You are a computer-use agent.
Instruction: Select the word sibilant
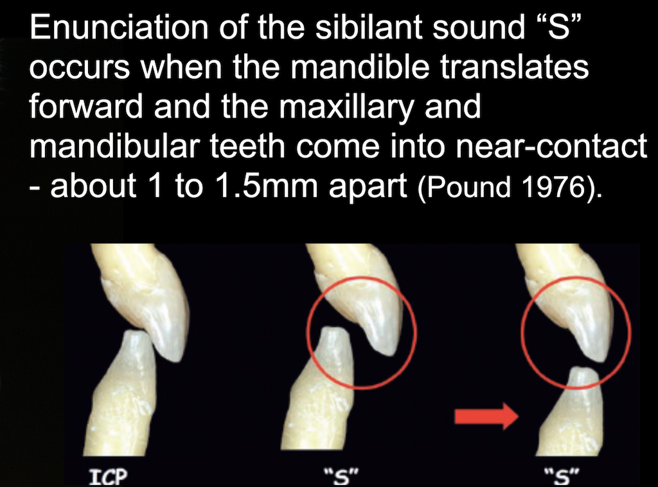(x=368, y=27)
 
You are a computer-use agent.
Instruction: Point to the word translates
(x=509, y=67)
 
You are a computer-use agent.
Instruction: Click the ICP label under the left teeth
(x=108, y=477)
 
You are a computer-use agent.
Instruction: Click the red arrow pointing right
(x=487, y=416)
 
